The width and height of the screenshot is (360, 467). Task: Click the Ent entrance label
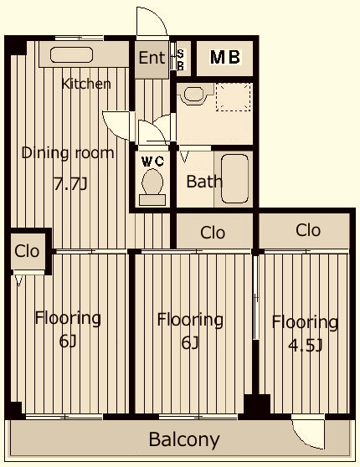[152, 58]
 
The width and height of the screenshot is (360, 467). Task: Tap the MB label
[225, 57]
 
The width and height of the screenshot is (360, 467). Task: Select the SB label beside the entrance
[180, 60]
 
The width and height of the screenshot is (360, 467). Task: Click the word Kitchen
[86, 84]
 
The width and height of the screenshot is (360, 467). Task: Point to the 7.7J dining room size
[70, 184]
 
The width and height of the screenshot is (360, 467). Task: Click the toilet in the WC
[152, 187]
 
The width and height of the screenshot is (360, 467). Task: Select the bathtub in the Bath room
[234, 178]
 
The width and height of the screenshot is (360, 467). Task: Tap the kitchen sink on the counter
[71, 54]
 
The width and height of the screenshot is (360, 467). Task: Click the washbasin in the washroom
[193, 94]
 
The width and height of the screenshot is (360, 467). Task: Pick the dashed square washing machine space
[234, 97]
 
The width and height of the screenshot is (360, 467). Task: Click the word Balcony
[184, 439]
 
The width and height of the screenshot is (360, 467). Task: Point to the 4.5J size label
[306, 346]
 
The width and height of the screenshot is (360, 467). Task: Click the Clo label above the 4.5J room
[308, 230]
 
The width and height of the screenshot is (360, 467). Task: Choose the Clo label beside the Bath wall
[213, 233]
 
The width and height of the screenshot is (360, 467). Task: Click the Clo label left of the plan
[27, 251]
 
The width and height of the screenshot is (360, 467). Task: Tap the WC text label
[153, 162]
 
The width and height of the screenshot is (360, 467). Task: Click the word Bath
[204, 182]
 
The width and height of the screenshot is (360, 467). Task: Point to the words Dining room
[68, 153]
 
